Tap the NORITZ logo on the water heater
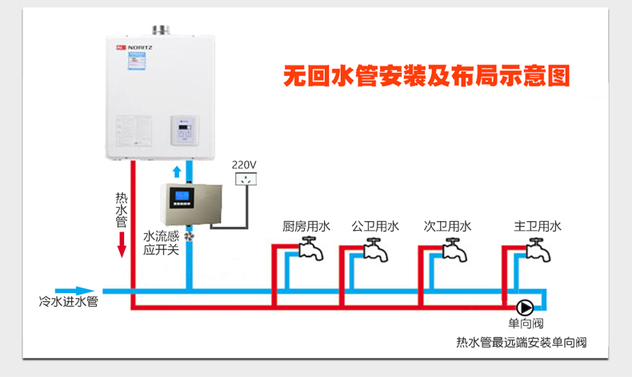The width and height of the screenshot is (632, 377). pyautogui.click(x=134, y=48)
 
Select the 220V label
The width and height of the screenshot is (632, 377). pyautogui.click(x=244, y=165)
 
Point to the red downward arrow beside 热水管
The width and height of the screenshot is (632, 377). pyautogui.click(x=122, y=244)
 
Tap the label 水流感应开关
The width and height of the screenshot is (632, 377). pyautogui.click(x=158, y=243)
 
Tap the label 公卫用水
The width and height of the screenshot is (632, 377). pyautogui.click(x=375, y=227)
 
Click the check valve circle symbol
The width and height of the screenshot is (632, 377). pyautogui.click(x=525, y=308)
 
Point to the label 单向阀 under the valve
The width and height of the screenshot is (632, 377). pyautogui.click(x=526, y=324)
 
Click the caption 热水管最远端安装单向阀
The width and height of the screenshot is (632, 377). pyautogui.click(x=521, y=343)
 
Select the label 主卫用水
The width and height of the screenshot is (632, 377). pyautogui.click(x=538, y=227)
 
